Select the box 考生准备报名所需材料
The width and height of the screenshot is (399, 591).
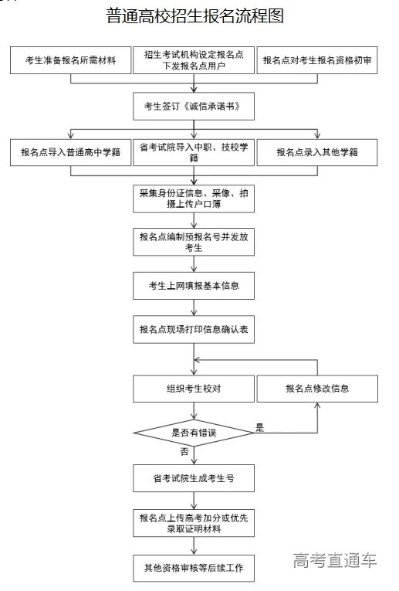71,60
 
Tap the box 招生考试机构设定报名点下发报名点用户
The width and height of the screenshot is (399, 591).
194,60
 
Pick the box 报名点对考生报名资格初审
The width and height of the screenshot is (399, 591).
317,60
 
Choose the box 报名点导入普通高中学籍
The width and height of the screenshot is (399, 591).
71,152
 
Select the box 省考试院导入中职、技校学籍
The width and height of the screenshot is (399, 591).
194,152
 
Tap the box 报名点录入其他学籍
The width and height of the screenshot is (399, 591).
317,152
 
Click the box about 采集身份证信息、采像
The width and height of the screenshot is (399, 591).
194,198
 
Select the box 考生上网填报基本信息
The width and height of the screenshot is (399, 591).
194,286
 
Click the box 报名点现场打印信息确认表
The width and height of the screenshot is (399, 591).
194,329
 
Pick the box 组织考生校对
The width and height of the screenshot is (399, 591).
194,389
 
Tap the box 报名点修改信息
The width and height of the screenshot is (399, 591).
317,389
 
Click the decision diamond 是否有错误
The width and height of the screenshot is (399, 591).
194,433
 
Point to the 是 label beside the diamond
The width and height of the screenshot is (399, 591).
259,427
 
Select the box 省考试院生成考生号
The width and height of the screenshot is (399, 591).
194,479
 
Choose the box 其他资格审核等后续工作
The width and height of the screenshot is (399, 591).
194,568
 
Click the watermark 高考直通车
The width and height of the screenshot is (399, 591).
335,560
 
